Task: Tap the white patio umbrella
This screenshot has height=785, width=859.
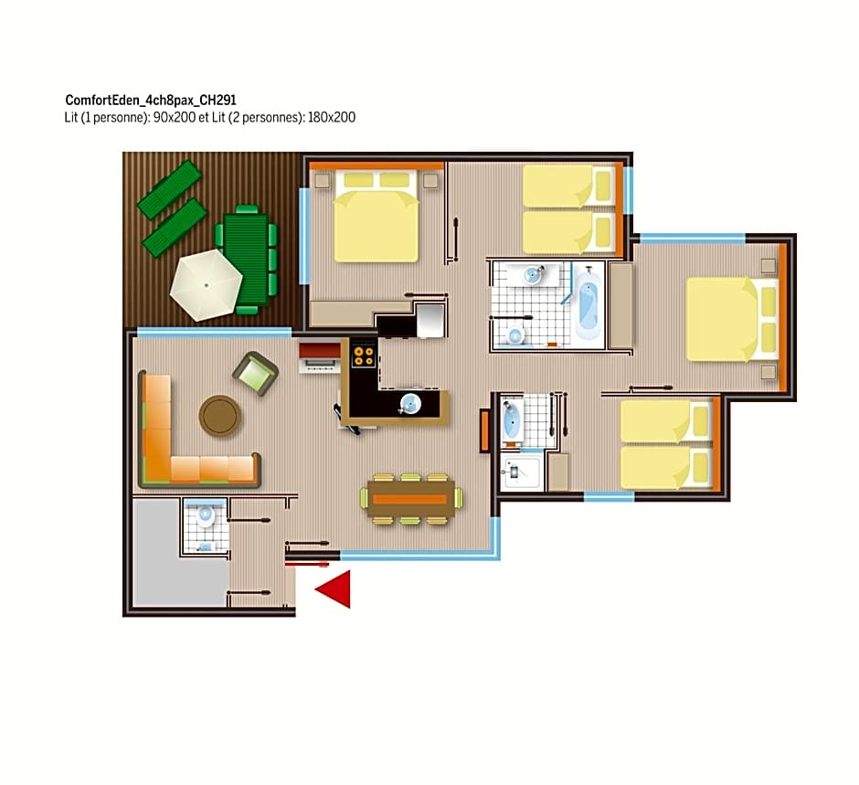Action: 206,285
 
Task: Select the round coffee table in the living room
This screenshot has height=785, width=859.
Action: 219,415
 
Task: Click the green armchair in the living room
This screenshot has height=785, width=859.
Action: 255,374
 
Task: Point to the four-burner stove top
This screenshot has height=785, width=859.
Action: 363,354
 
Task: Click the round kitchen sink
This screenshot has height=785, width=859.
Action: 409,404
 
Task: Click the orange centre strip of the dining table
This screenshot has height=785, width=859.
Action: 409,499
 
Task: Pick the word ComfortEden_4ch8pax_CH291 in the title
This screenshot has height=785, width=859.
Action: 151,101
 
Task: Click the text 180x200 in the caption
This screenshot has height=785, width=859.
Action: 332,117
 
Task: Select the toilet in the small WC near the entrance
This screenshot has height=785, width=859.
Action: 206,516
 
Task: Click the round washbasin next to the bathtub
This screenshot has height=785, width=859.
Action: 533,275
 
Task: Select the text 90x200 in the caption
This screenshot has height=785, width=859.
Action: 175,117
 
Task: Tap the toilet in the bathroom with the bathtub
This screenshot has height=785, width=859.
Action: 515,334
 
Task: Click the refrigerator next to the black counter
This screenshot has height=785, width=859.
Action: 430,320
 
